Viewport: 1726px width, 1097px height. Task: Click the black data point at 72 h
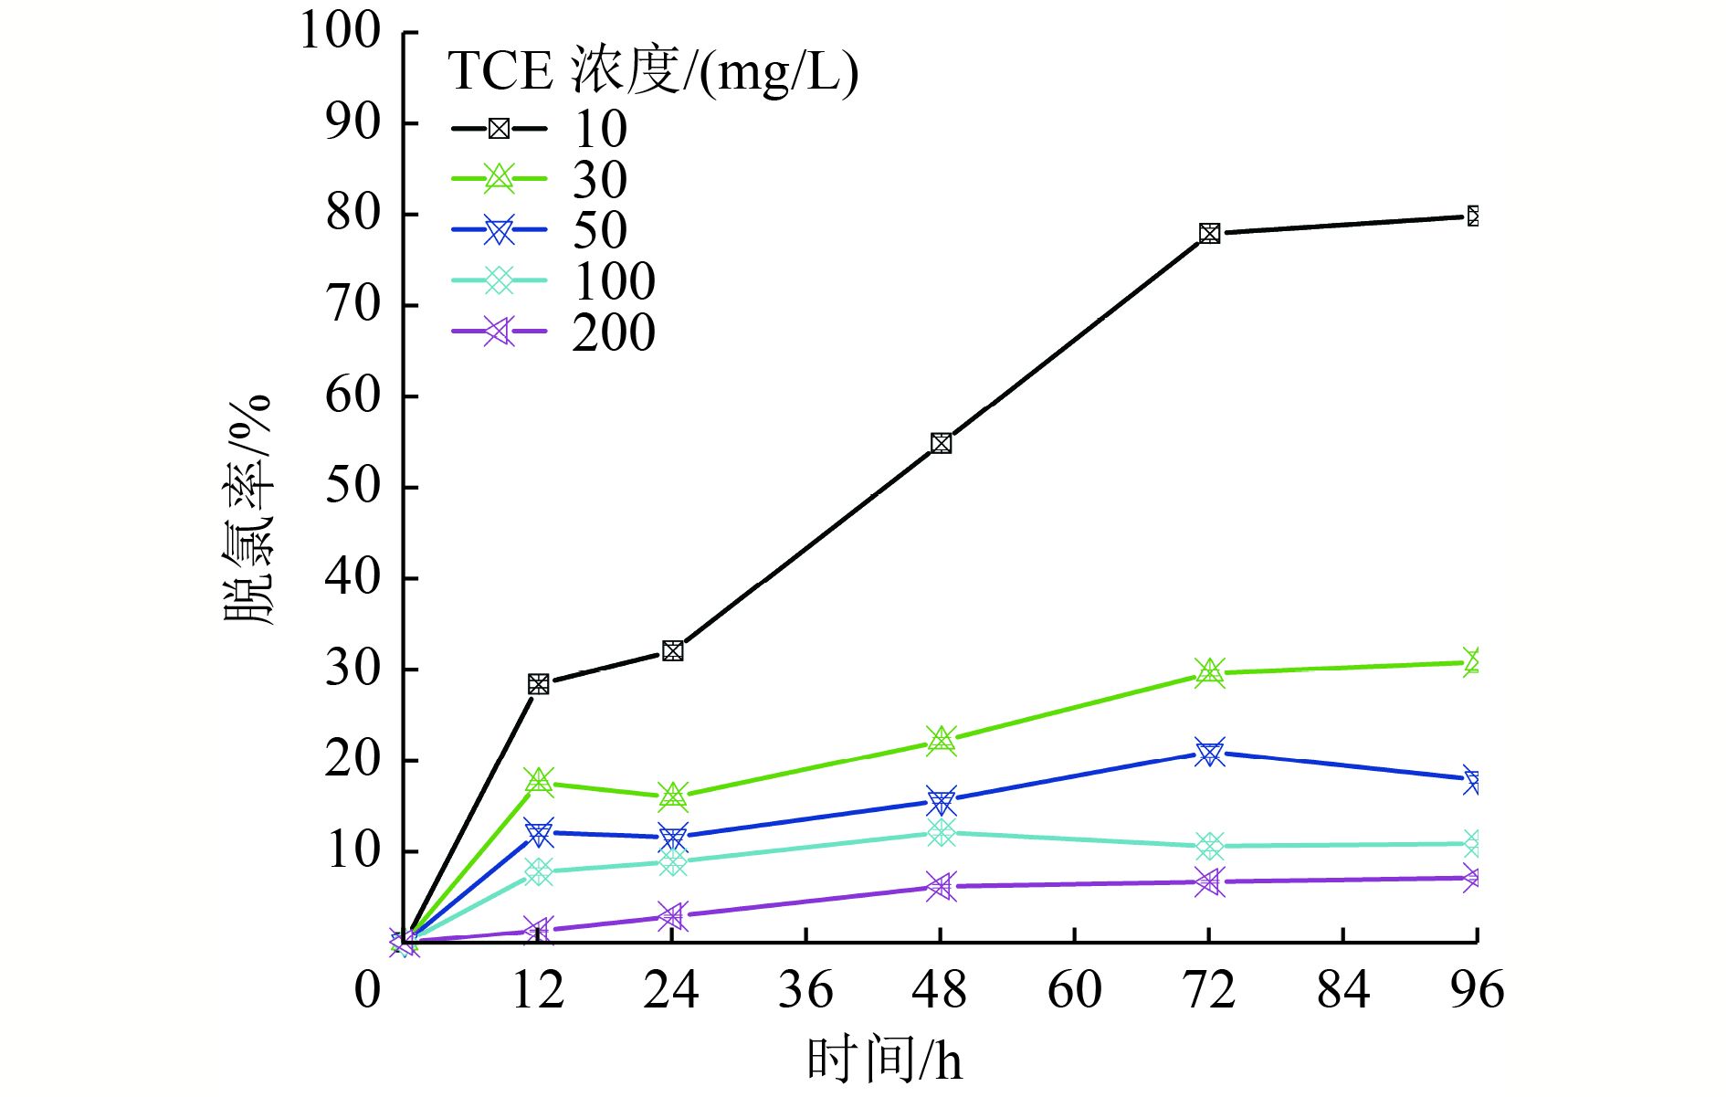pyautogui.click(x=1209, y=234)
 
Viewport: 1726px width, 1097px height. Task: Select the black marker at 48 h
pyautogui.click(x=941, y=444)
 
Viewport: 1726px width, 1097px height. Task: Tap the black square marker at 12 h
pyautogui.click(x=539, y=684)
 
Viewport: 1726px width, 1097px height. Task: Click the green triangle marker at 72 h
pyautogui.click(x=1209, y=673)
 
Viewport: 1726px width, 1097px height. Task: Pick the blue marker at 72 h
pyautogui.click(x=1209, y=753)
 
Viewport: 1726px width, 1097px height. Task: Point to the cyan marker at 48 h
pyautogui.click(x=941, y=832)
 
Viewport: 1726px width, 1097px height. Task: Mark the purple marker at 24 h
pyautogui.click(x=672, y=916)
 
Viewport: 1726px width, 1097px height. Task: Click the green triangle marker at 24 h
pyautogui.click(x=673, y=796)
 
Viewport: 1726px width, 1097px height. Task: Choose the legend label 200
pyautogui.click(x=614, y=332)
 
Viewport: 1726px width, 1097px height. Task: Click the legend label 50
pyautogui.click(x=600, y=230)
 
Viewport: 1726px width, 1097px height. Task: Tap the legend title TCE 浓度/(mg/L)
pyautogui.click(x=653, y=72)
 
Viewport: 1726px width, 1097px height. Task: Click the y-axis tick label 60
pyautogui.click(x=353, y=396)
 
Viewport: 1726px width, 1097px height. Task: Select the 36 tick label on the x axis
pyautogui.click(x=805, y=990)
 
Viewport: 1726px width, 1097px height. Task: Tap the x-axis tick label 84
pyautogui.click(x=1342, y=990)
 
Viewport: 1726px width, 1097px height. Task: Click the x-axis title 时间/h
pyautogui.click(x=884, y=1060)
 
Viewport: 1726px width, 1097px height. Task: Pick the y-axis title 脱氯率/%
pyautogui.click(x=247, y=510)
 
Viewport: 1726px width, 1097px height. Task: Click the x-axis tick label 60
pyautogui.click(x=1074, y=990)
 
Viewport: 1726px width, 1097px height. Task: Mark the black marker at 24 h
pyautogui.click(x=673, y=651)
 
